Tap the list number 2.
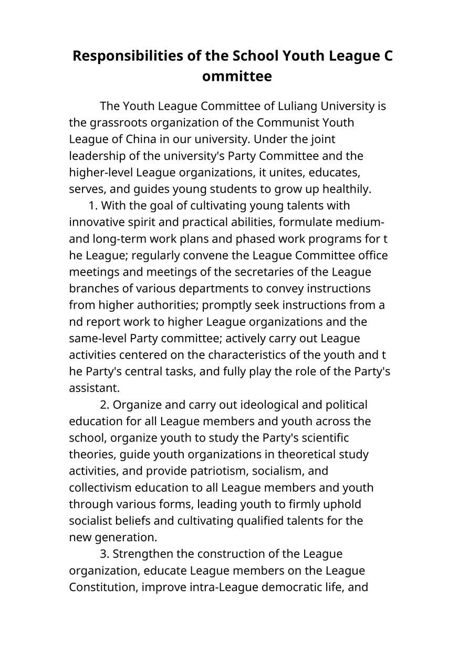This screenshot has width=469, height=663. point(104,405)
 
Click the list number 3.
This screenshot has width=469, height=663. point(104,554)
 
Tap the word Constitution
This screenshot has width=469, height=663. point(103,587)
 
